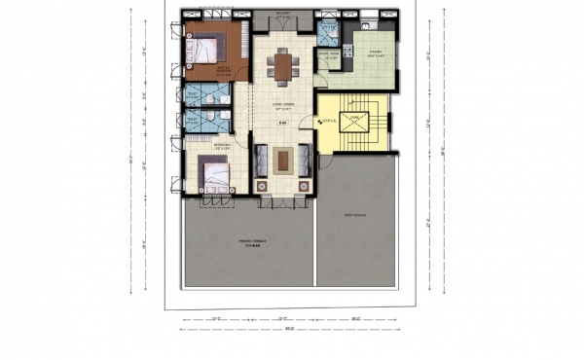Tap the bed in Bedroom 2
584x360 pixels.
pos(214,176)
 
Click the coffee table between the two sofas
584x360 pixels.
pos(283,159)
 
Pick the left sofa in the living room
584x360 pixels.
pos(262,159)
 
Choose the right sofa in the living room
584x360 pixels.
pos(305,159)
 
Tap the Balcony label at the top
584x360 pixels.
pos(284,14)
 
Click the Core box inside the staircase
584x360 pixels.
pos(355,122)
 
